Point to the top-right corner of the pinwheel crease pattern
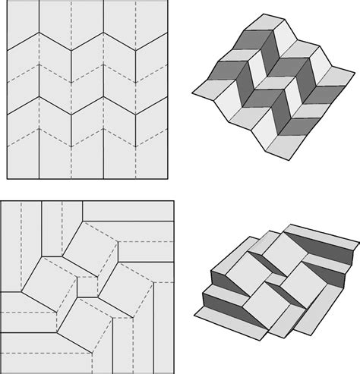(173, 201)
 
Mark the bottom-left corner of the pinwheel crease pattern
(3, 371)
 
